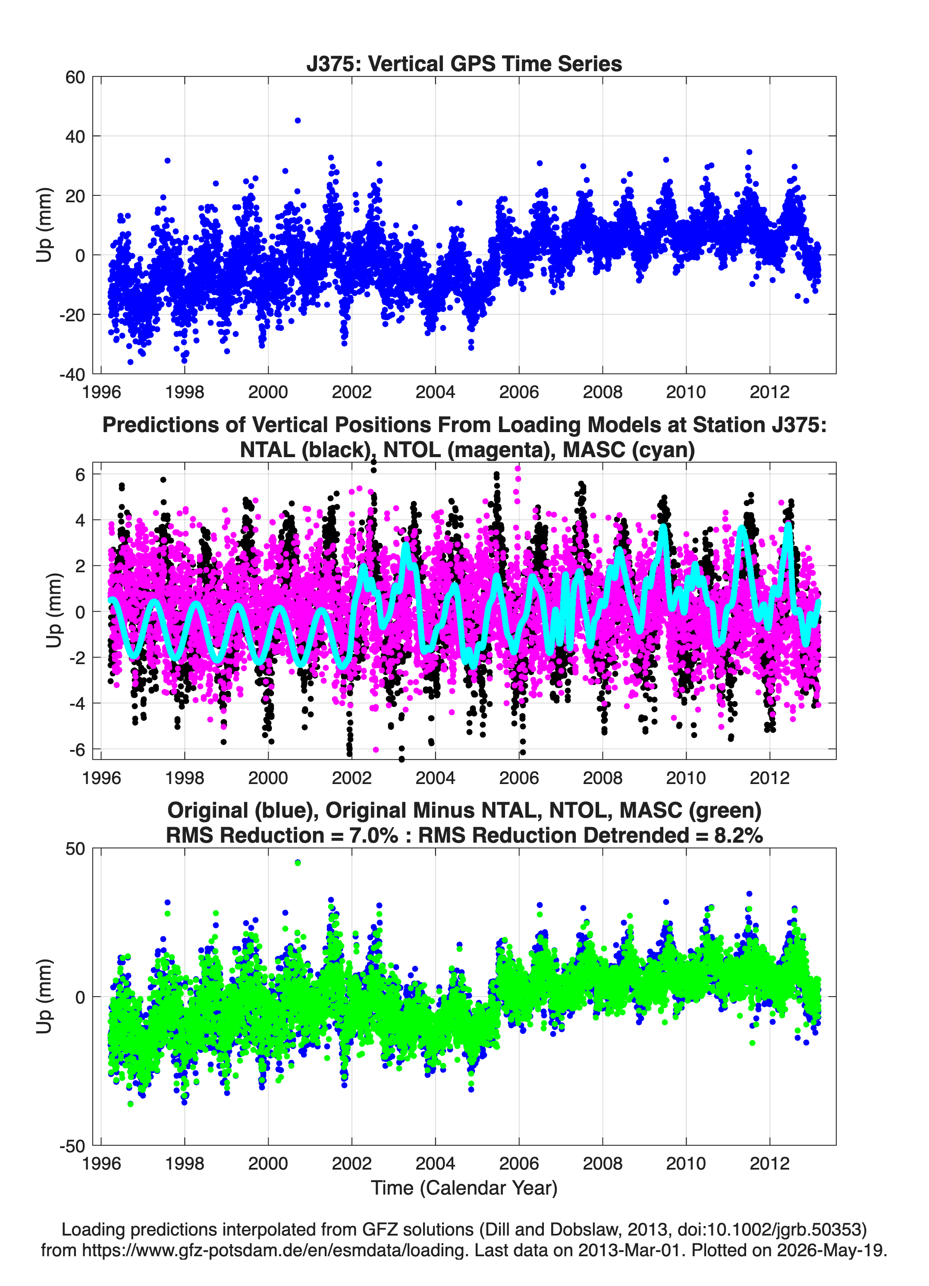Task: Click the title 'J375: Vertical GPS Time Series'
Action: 464,63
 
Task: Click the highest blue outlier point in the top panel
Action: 298,121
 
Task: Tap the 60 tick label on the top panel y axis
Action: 75,77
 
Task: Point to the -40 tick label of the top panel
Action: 72,374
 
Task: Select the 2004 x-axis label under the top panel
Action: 435,392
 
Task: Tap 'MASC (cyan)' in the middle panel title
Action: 629,450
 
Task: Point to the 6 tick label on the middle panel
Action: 80,474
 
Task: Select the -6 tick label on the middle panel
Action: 77,750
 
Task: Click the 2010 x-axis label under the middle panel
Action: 686,778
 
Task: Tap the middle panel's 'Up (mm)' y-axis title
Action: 54,611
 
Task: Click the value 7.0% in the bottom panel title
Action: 374,835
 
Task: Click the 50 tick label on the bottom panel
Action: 75,849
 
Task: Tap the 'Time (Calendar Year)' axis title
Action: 464,1187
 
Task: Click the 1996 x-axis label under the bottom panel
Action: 101,1164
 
